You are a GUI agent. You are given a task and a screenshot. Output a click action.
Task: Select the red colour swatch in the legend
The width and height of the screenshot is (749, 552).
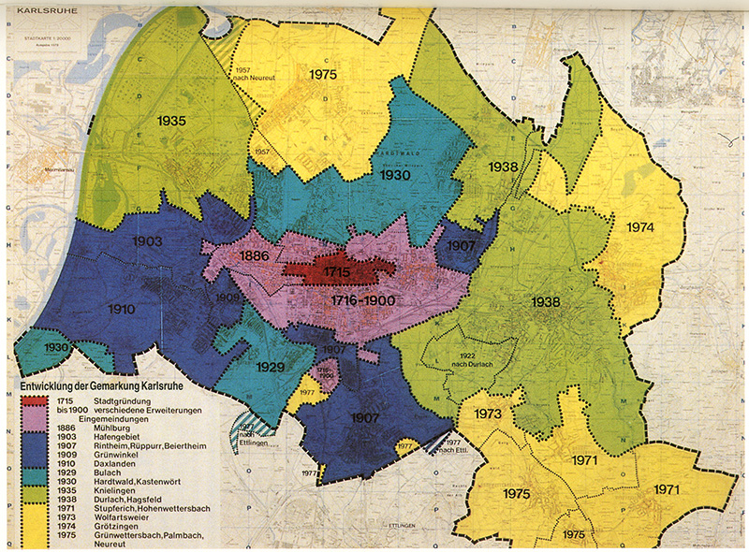click(34, 400)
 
